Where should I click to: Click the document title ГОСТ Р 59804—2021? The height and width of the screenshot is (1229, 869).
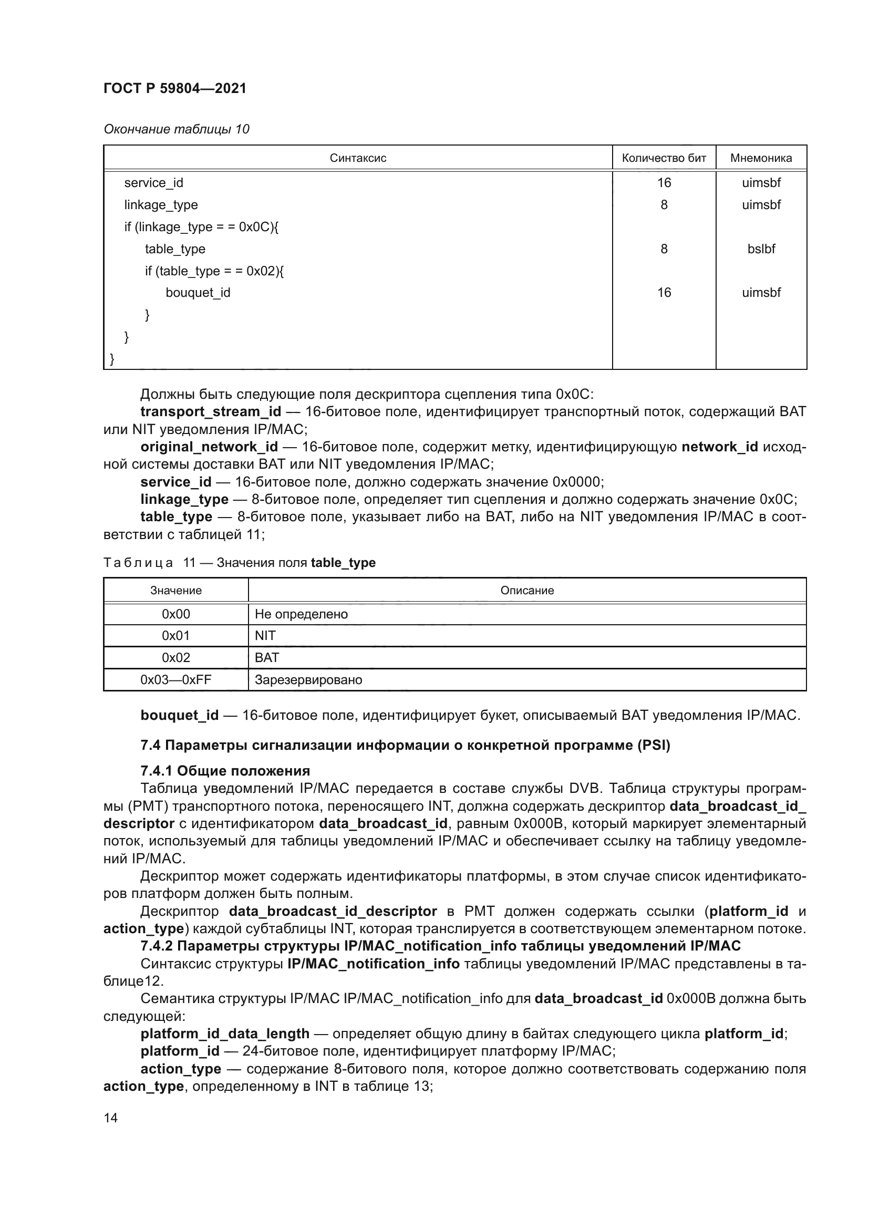tap(175, 88)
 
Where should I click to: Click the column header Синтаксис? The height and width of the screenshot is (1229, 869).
tap(357, 158)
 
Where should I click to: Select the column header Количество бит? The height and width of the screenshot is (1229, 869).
tap(664, 158)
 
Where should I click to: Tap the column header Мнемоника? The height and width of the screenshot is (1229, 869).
tap(761, 158)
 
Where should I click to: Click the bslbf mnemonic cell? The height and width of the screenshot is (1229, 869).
tap(761, 249)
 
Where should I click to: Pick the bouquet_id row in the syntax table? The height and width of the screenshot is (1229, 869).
tap(198, 293)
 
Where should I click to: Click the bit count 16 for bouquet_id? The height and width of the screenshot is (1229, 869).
tap(664, 293)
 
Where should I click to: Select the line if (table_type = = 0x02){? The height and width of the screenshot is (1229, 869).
tap(214, 271)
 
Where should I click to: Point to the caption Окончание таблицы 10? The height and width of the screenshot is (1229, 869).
tap(177, 129)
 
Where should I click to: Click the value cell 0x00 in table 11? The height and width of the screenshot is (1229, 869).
tap(175, 614)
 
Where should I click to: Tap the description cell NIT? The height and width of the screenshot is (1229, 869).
tap(265, 636)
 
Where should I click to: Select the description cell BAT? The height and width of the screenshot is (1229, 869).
tap(267, 658)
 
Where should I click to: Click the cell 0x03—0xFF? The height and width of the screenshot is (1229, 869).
tap(175, 680)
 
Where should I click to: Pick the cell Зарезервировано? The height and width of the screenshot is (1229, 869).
tap(308, 680)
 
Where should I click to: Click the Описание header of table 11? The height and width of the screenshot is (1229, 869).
tap(526, 591)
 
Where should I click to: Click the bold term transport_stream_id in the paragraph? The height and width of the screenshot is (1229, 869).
tap(210, 411)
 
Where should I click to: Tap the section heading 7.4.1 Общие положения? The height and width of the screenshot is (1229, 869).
tap(225, 771)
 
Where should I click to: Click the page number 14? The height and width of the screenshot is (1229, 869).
tap(111, 1118)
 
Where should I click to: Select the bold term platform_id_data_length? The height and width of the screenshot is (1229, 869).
tap(225, 1034)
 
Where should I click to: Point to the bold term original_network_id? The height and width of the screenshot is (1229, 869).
tap(209, 447)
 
